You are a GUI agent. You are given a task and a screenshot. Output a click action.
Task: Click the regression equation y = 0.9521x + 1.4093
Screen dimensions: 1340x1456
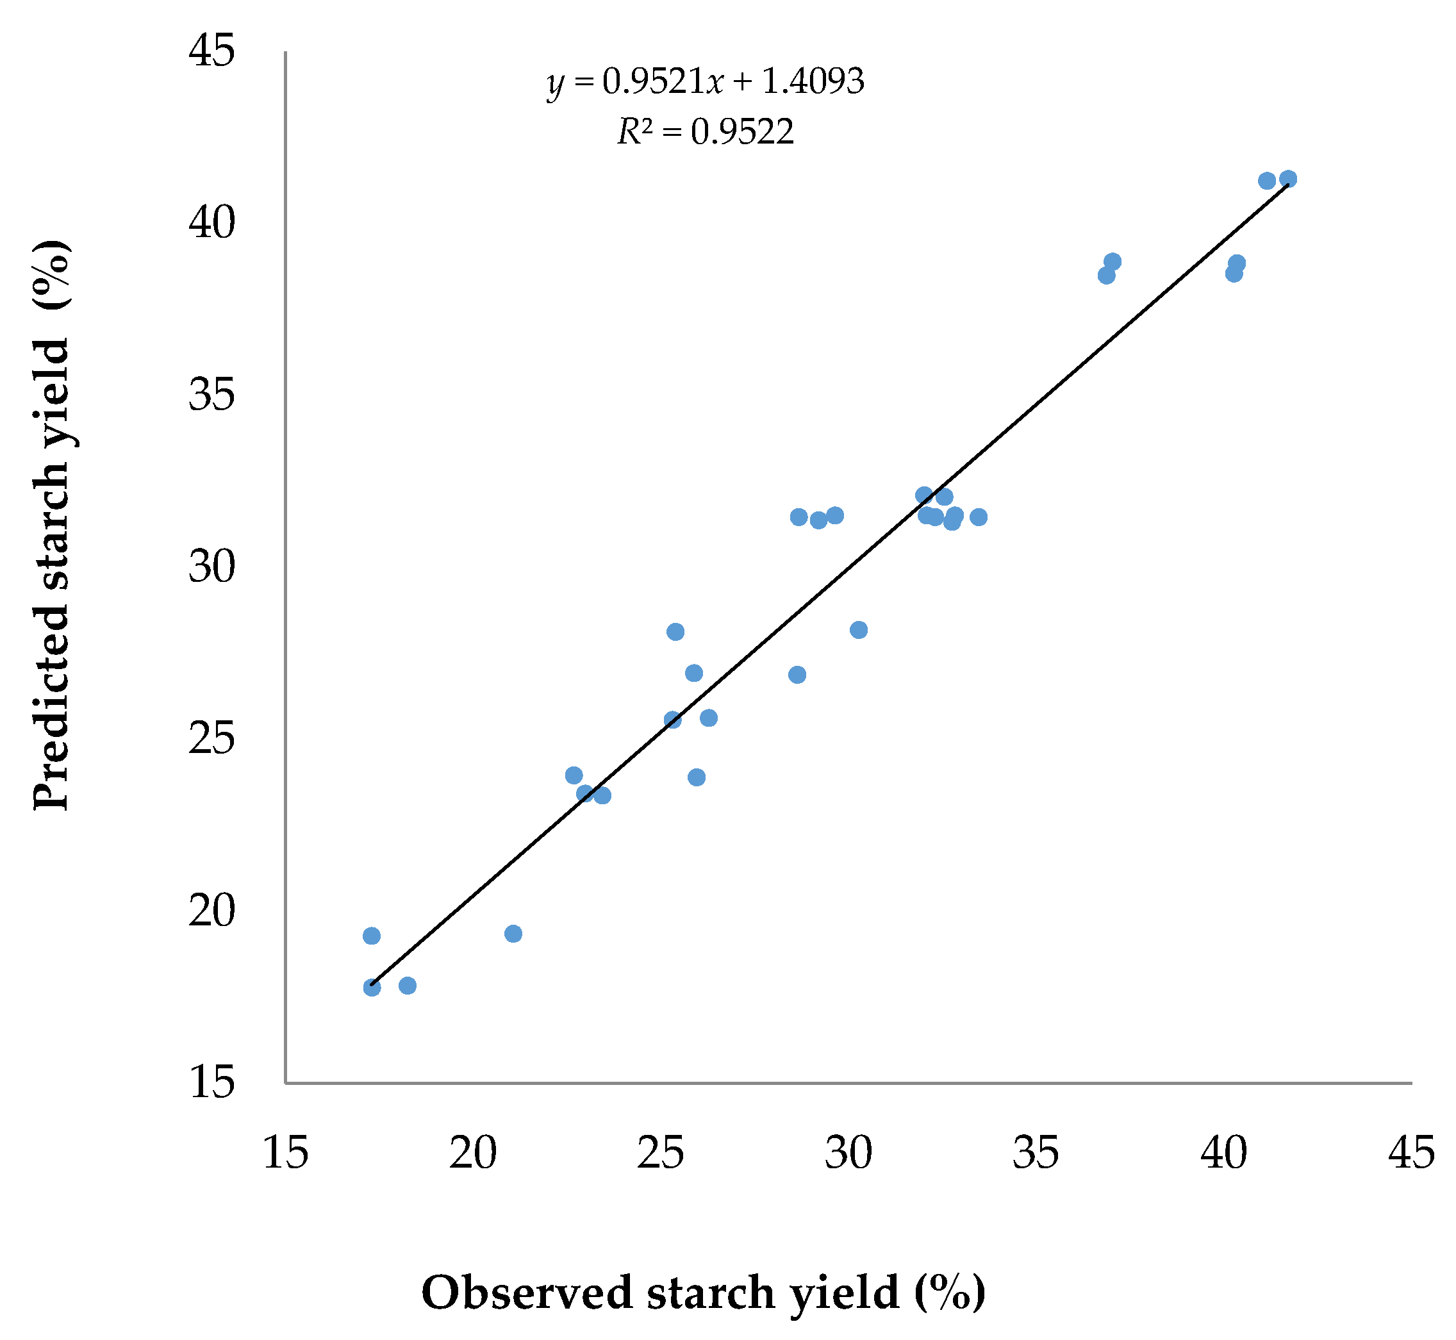706,81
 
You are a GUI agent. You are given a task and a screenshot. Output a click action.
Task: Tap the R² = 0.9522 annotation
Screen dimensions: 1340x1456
706,132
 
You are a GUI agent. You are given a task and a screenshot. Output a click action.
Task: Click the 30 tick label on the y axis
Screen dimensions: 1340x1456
211,567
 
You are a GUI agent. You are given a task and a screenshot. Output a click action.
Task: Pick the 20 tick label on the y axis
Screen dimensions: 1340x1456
211,910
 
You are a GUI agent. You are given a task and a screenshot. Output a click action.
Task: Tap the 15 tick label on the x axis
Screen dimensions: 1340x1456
285,1153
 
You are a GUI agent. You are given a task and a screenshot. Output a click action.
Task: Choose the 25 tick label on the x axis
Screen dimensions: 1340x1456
661,1153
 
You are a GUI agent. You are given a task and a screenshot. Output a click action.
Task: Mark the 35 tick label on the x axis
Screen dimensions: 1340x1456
1036,1153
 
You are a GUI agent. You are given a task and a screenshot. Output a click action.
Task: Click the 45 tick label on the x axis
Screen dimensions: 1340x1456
1411,1153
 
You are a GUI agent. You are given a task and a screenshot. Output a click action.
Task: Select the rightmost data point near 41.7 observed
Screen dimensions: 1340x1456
1287,179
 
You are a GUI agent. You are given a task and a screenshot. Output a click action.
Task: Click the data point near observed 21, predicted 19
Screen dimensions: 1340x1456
513,934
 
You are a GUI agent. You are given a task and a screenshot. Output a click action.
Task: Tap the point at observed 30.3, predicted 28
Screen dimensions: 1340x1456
859,630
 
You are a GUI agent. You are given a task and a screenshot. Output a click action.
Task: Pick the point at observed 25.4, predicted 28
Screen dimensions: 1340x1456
675,633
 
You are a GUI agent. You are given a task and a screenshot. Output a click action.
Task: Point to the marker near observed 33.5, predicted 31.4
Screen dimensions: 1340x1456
978,517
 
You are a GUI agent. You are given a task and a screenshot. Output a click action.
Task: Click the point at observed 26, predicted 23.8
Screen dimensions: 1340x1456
696,777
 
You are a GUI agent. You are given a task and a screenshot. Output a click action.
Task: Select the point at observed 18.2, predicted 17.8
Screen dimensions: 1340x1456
408,986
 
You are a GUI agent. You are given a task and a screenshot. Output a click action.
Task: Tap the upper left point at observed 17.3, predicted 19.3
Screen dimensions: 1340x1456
371,936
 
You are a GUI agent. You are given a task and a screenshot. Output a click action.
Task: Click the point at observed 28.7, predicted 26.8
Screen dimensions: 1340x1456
797,675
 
